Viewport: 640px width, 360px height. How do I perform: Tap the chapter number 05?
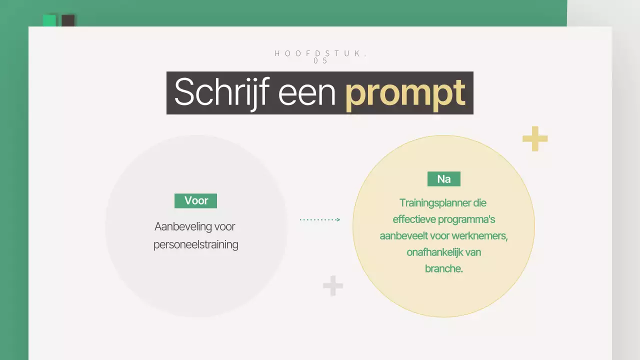[x=320, y=61]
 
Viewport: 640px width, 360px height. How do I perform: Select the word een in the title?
[x=306, y=92]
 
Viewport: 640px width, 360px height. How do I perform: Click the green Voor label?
[x=195, y=200]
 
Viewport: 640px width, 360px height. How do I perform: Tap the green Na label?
[x=443, y=179]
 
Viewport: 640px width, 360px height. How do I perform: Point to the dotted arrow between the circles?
[x=320, y=219]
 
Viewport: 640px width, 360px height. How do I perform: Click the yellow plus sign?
[x=535, y=138]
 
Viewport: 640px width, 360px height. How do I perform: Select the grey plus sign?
[x=333, y=286]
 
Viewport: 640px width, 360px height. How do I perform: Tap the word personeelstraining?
[x=195, y=245]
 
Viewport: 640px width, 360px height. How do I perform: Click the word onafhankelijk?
[x=434, y=252]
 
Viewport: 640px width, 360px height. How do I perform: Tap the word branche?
[x=443, y=268]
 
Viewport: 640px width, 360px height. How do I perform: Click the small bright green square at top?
[x=49, y=20]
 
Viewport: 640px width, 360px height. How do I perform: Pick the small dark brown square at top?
[x=68, y=20]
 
